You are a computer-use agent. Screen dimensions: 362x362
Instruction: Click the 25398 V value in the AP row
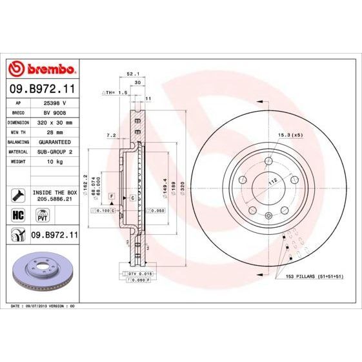click(x=55, y=102)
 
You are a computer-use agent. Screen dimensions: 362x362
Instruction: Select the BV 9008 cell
click(x=55, y=112)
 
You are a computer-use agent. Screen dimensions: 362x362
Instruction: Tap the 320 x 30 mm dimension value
click(x=55, y=121)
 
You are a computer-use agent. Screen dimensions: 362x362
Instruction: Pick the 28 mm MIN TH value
click(x=55, y=131)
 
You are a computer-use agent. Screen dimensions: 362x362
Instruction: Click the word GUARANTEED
click(x=55, y=141)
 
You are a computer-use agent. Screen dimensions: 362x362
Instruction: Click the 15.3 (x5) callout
click(x=290, y=135)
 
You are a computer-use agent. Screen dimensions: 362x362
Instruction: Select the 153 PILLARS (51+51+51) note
click(x=309, y=276)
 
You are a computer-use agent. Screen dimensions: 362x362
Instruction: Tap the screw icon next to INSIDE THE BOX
click(x=18, y=192)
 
